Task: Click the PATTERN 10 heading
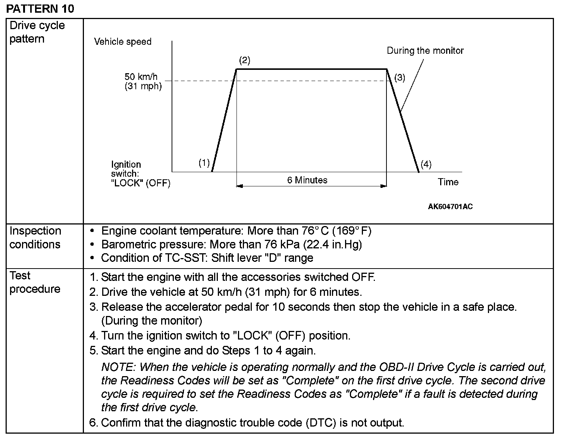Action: click(40, 9)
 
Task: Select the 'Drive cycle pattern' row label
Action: click(37, 32)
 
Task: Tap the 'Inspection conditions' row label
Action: click(35, 238)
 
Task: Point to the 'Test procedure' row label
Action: click(35, 282)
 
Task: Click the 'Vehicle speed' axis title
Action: click(123, 41)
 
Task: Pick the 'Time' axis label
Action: click(448, 182)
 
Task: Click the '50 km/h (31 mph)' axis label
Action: click(143, 81)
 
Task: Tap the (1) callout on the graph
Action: click(204, 163)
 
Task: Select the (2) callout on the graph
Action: click(244, 60)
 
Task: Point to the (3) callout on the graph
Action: click(400, 77)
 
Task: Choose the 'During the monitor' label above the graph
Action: click(425, 50)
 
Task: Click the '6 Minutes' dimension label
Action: click(307, 180)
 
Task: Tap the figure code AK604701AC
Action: click(450, 207)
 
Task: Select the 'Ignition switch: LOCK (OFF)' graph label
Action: click(140, 174)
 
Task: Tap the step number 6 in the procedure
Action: click(93, 423)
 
